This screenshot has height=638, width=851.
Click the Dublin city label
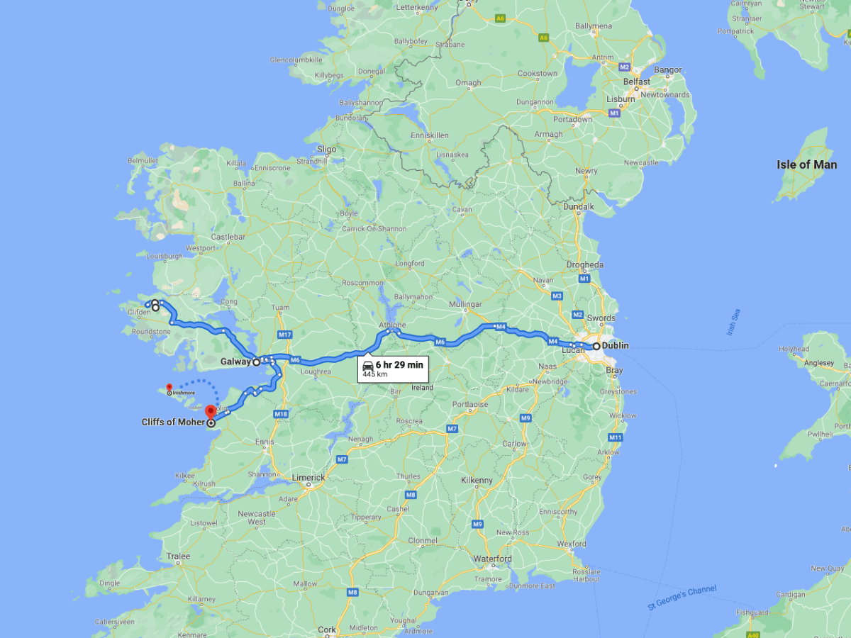[x=615, y=346]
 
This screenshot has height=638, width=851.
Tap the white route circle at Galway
[x=256, y=362]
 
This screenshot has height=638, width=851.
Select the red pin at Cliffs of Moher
[x=211, y=412]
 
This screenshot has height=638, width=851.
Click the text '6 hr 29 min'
[x=399, y=364]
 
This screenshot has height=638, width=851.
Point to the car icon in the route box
[x=368, y=365]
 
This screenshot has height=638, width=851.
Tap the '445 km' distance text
[x=374, y=374]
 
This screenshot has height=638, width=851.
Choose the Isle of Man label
[x=806, y=164]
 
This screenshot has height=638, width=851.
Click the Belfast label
[x=637, y=82]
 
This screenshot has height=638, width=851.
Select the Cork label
[x=327, y=629]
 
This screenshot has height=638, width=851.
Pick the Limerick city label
[x=308, y=478]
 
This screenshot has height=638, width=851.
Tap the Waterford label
[x=493, y=559]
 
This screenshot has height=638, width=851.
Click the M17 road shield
[x=285, y=335]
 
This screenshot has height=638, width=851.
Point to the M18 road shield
[x=281, y=414]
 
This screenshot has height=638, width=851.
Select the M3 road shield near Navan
[x=557, y=296]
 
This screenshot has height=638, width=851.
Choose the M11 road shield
[x=614, y=437]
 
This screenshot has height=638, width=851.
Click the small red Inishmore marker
[x=169, y=387]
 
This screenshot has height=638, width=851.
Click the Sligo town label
[x=326, y=150]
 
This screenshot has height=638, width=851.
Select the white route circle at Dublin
[x=596, y=346]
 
